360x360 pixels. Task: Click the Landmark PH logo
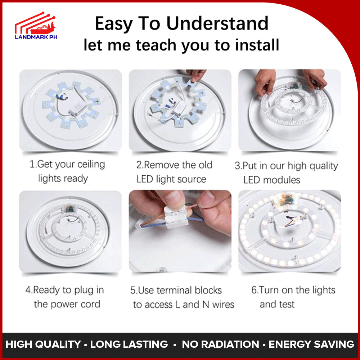coord(36,25)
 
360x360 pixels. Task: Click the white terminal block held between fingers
coord(176,217)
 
